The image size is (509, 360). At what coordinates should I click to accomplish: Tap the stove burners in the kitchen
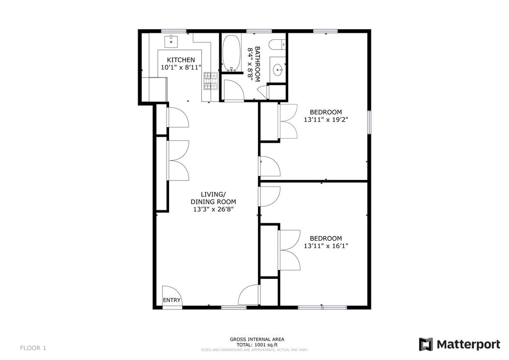(211, 81)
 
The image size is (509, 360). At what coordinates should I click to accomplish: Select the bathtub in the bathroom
(230, 53)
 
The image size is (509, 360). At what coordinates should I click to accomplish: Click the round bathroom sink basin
(277, 70)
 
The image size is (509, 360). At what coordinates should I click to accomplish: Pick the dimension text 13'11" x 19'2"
(326, 119)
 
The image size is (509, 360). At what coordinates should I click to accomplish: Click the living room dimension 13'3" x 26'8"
(213, 209)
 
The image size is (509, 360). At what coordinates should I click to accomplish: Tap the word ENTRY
(172, 300)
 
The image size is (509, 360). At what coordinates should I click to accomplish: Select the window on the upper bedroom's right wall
(369, 122)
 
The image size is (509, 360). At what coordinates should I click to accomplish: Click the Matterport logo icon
(425, 344)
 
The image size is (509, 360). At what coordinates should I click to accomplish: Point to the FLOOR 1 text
(33, 348)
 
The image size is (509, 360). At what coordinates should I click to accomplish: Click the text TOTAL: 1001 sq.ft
(257, 345)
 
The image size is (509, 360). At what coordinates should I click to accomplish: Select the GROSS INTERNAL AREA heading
(257, 339)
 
